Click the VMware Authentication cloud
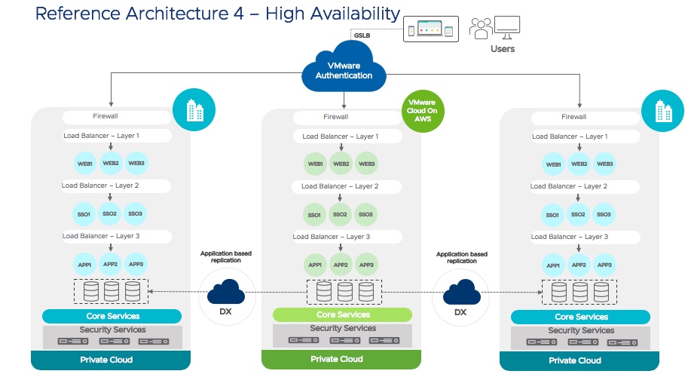click(344, 71)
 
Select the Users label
click(503, 49)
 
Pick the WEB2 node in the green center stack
click(341, 164)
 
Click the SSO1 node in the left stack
click(84, 213)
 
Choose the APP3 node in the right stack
click(604, 265)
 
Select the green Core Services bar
click(343, 314)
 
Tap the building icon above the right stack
click(663, 112)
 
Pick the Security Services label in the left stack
click(112, 330)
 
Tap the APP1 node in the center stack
click(315, 265)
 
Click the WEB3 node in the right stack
click(604, 164)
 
